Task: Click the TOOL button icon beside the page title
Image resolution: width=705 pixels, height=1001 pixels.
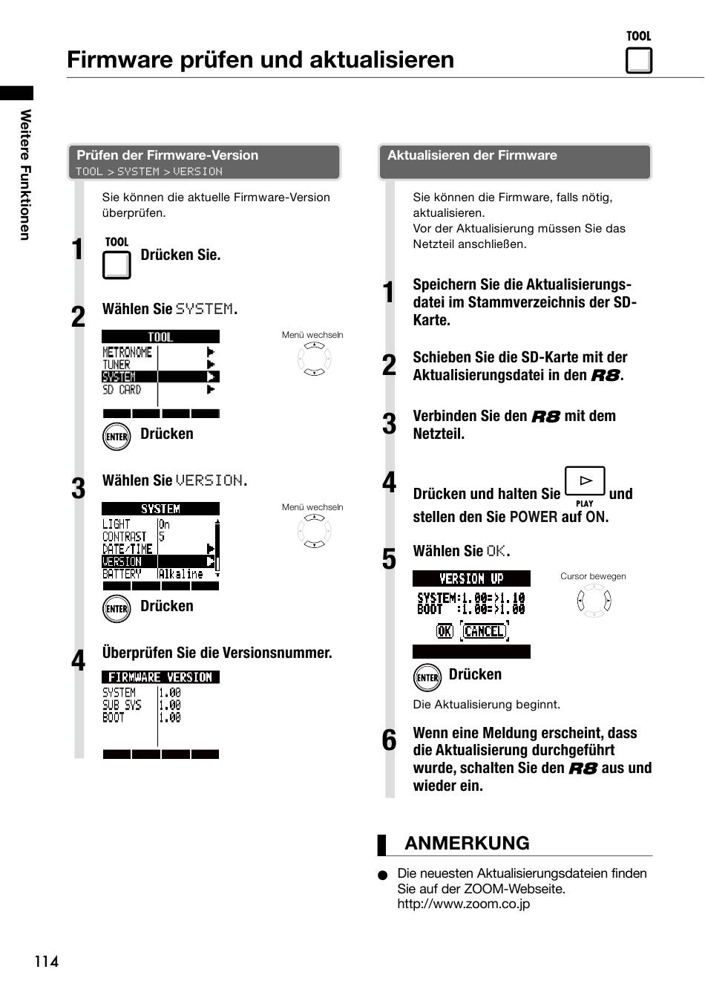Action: (638, 60)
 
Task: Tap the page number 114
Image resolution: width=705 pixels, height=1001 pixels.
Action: (47, 961)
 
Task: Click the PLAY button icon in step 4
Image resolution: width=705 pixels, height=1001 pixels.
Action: (585, 481)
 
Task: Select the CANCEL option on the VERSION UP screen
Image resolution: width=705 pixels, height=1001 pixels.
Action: (485, 631)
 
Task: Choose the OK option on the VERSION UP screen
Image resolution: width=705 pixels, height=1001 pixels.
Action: (445, 631)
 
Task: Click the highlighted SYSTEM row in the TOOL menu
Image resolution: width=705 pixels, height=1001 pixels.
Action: (160, 376)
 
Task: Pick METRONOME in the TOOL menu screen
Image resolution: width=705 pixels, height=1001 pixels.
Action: (127, 352)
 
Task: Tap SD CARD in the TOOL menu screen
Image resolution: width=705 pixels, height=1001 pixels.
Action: (122, 390)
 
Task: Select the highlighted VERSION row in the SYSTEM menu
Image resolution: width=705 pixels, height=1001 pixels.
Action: (159, 561)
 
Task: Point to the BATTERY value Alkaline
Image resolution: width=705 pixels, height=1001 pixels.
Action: (181, 574)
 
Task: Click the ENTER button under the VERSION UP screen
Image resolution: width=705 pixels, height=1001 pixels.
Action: (427, 677)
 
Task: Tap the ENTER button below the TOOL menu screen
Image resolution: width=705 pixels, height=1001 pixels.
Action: (117, 437)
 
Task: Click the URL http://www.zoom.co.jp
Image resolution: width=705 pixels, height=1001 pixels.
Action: (464, 904)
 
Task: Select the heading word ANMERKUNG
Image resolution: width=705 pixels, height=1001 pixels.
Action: (467, 844)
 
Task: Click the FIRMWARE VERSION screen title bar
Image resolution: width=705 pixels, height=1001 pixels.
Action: (160, 677)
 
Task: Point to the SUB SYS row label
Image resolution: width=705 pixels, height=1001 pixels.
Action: (122, 705)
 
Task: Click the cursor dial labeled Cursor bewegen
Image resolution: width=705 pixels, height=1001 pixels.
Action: (594, 600)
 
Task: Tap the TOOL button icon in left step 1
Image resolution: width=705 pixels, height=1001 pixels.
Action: (117, 265)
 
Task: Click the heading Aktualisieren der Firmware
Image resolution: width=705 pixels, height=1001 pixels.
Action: (472, 155)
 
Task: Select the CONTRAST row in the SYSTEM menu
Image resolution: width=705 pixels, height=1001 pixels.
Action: (124, 536)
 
